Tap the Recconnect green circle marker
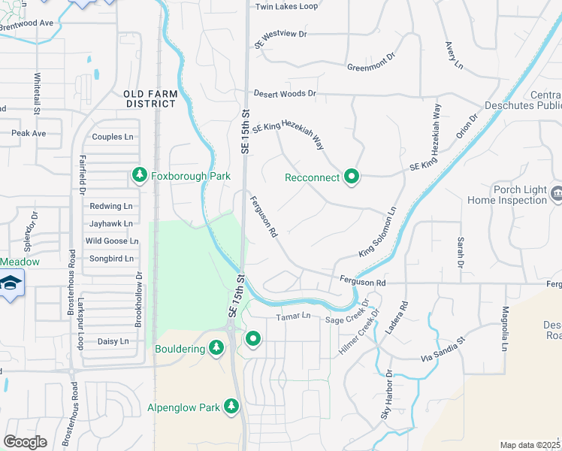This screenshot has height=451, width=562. coord(351,177)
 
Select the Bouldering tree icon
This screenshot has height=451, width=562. coord(216,347)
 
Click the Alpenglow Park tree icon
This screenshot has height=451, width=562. coord(231,407)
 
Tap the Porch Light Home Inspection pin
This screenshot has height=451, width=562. coord(556,192)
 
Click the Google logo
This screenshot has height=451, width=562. coord(25,441)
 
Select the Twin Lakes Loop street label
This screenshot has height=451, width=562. coord(286,7)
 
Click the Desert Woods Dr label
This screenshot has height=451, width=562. coord(285,93)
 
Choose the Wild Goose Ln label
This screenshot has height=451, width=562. coord(112,241)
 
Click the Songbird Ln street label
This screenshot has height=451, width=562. coord(110,259)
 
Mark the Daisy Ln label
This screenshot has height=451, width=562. coord(113,341)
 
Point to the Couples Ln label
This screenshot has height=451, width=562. coord(112,137)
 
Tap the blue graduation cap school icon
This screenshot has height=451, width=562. coord(11,283)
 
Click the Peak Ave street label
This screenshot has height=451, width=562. coord(29,133)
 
